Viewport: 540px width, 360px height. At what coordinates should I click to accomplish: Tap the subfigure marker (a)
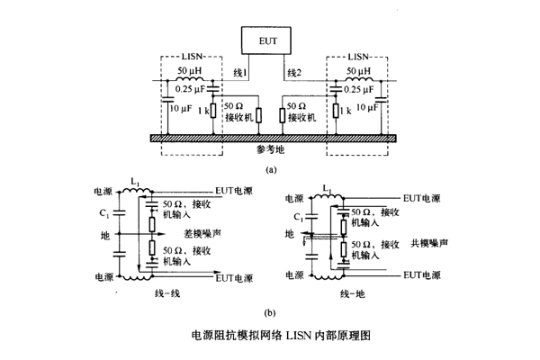[x=271, y=168]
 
